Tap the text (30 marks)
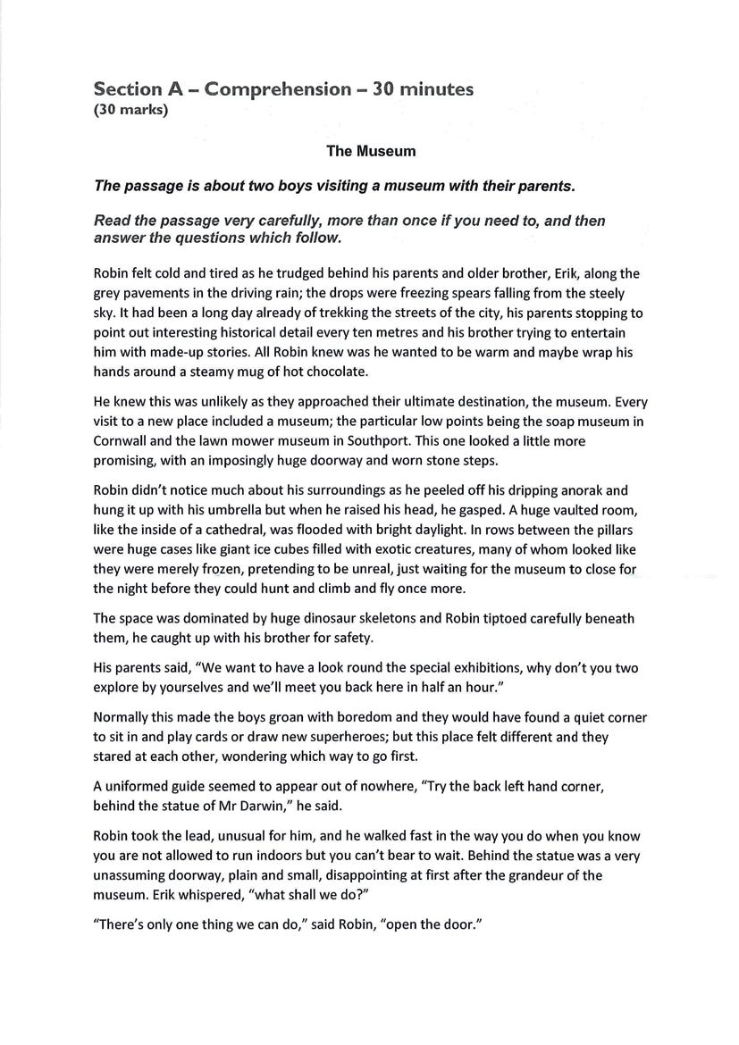pyautogui.click(x=130, y=112)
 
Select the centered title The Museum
pyautogui.click(x=371, y=151)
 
